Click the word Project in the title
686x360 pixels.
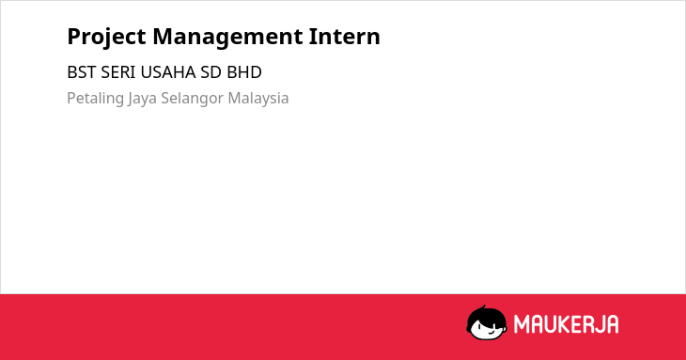click(x=106, y=38)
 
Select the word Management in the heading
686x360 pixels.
click(x=227, y=38)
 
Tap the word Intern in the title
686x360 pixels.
click(x=344, y=37)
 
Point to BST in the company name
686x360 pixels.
click(x=82, y=72)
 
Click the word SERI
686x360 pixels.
click(x=118, y=72)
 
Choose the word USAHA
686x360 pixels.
click(x=168, y=72)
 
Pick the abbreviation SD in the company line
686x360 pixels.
click(x=210, y=72)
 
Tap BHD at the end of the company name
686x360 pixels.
click(x=244, y=72)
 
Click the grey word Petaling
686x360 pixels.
click(x=95, y=99)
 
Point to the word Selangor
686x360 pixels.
click(x=192, y=99)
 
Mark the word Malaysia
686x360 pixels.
click(x=258, y=99)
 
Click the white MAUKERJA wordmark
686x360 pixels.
click(x=566, y=324)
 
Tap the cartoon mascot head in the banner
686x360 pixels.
click(x=487, y=323)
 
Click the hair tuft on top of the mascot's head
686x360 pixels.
click(x=483, y=308)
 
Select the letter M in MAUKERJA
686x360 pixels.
click(x=522, y=324)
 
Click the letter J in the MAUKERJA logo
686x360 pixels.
click(x=600, y=324)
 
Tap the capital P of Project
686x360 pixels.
click(x=73, y=37)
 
